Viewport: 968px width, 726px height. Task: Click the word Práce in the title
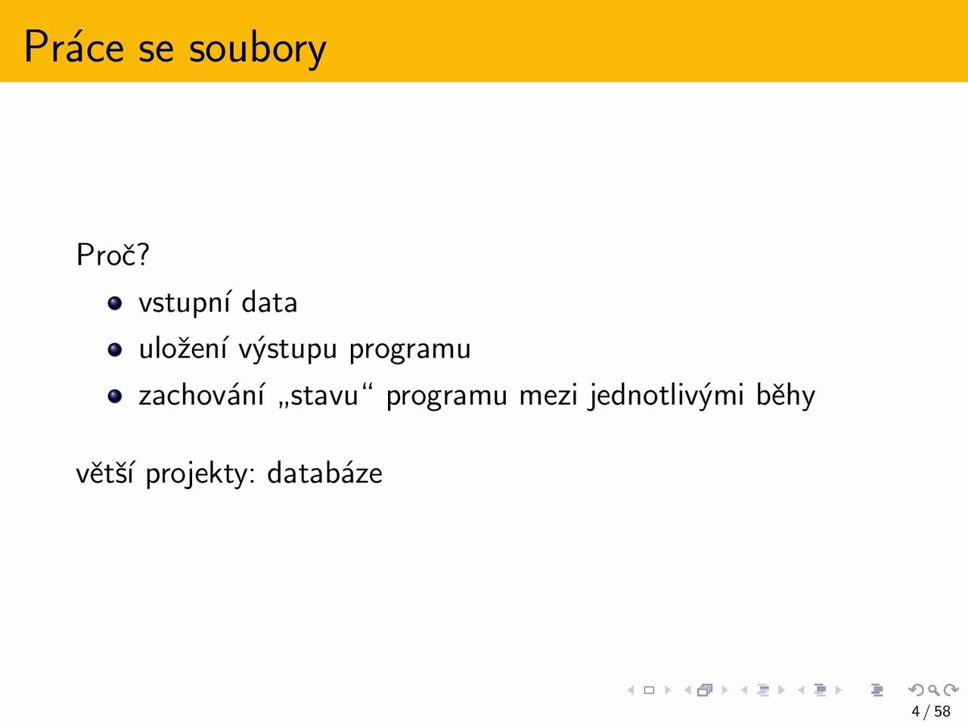74,47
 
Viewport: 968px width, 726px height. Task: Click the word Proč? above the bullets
113,254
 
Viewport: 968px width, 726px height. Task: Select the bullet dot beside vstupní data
115,302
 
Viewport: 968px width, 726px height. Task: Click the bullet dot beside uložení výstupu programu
115,349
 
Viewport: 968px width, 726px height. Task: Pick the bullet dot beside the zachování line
115,396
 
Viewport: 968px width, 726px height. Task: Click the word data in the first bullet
269,302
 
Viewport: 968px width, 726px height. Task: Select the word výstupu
288,349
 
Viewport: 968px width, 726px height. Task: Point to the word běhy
786,395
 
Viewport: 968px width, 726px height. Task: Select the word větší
104,473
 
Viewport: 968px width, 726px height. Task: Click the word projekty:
200,475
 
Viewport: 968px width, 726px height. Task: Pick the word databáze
325,473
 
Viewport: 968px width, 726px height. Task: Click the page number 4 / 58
930,711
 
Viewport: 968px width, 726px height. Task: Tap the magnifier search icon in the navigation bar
934,690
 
